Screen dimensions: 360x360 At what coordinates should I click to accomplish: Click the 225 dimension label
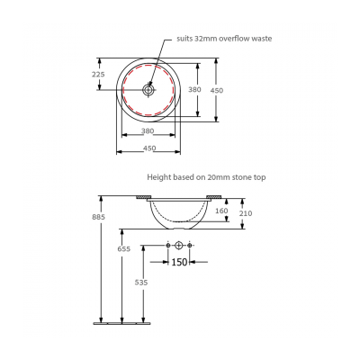point(98,75)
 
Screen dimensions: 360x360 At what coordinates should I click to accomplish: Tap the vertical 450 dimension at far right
point(231,90)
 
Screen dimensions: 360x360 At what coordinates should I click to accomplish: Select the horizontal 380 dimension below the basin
point(149,131)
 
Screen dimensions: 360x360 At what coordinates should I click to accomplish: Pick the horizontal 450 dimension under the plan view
point(149,148)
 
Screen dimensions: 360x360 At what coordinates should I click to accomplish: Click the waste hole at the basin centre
point(150,90)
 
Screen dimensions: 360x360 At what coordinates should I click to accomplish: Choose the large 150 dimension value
point(180,263)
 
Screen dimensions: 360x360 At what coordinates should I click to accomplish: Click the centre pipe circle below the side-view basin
point(180,245)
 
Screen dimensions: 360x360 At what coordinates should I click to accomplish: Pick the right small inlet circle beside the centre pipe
point(191,245)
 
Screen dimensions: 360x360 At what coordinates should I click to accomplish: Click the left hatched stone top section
point(142,198)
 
